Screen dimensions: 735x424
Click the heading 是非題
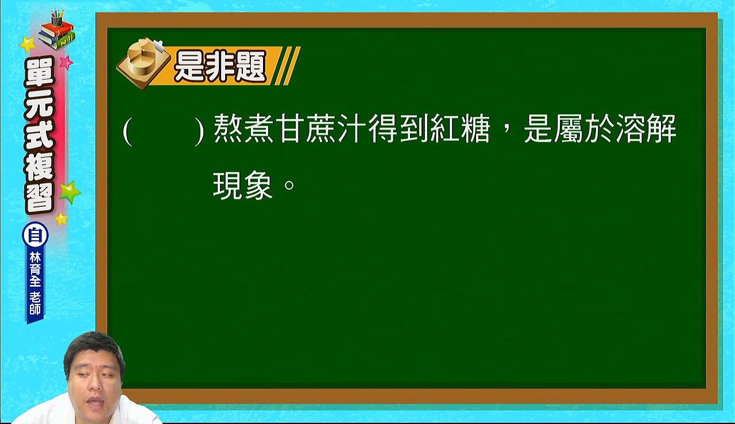point(220,66)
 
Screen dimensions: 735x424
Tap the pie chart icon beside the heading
point(144,63)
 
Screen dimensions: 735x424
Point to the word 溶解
point(647,129)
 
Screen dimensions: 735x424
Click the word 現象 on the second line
point(243,186)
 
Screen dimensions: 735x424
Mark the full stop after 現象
point(289,186)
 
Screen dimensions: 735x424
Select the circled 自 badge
point(35,235)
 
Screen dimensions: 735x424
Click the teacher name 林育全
point(35,269)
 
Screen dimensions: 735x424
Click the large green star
point(69,192)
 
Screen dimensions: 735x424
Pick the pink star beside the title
point(66,62)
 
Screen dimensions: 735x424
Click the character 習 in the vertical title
point(40,196)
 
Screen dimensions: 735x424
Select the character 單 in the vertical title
point(40,73)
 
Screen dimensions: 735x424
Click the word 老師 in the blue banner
point(35,303)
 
